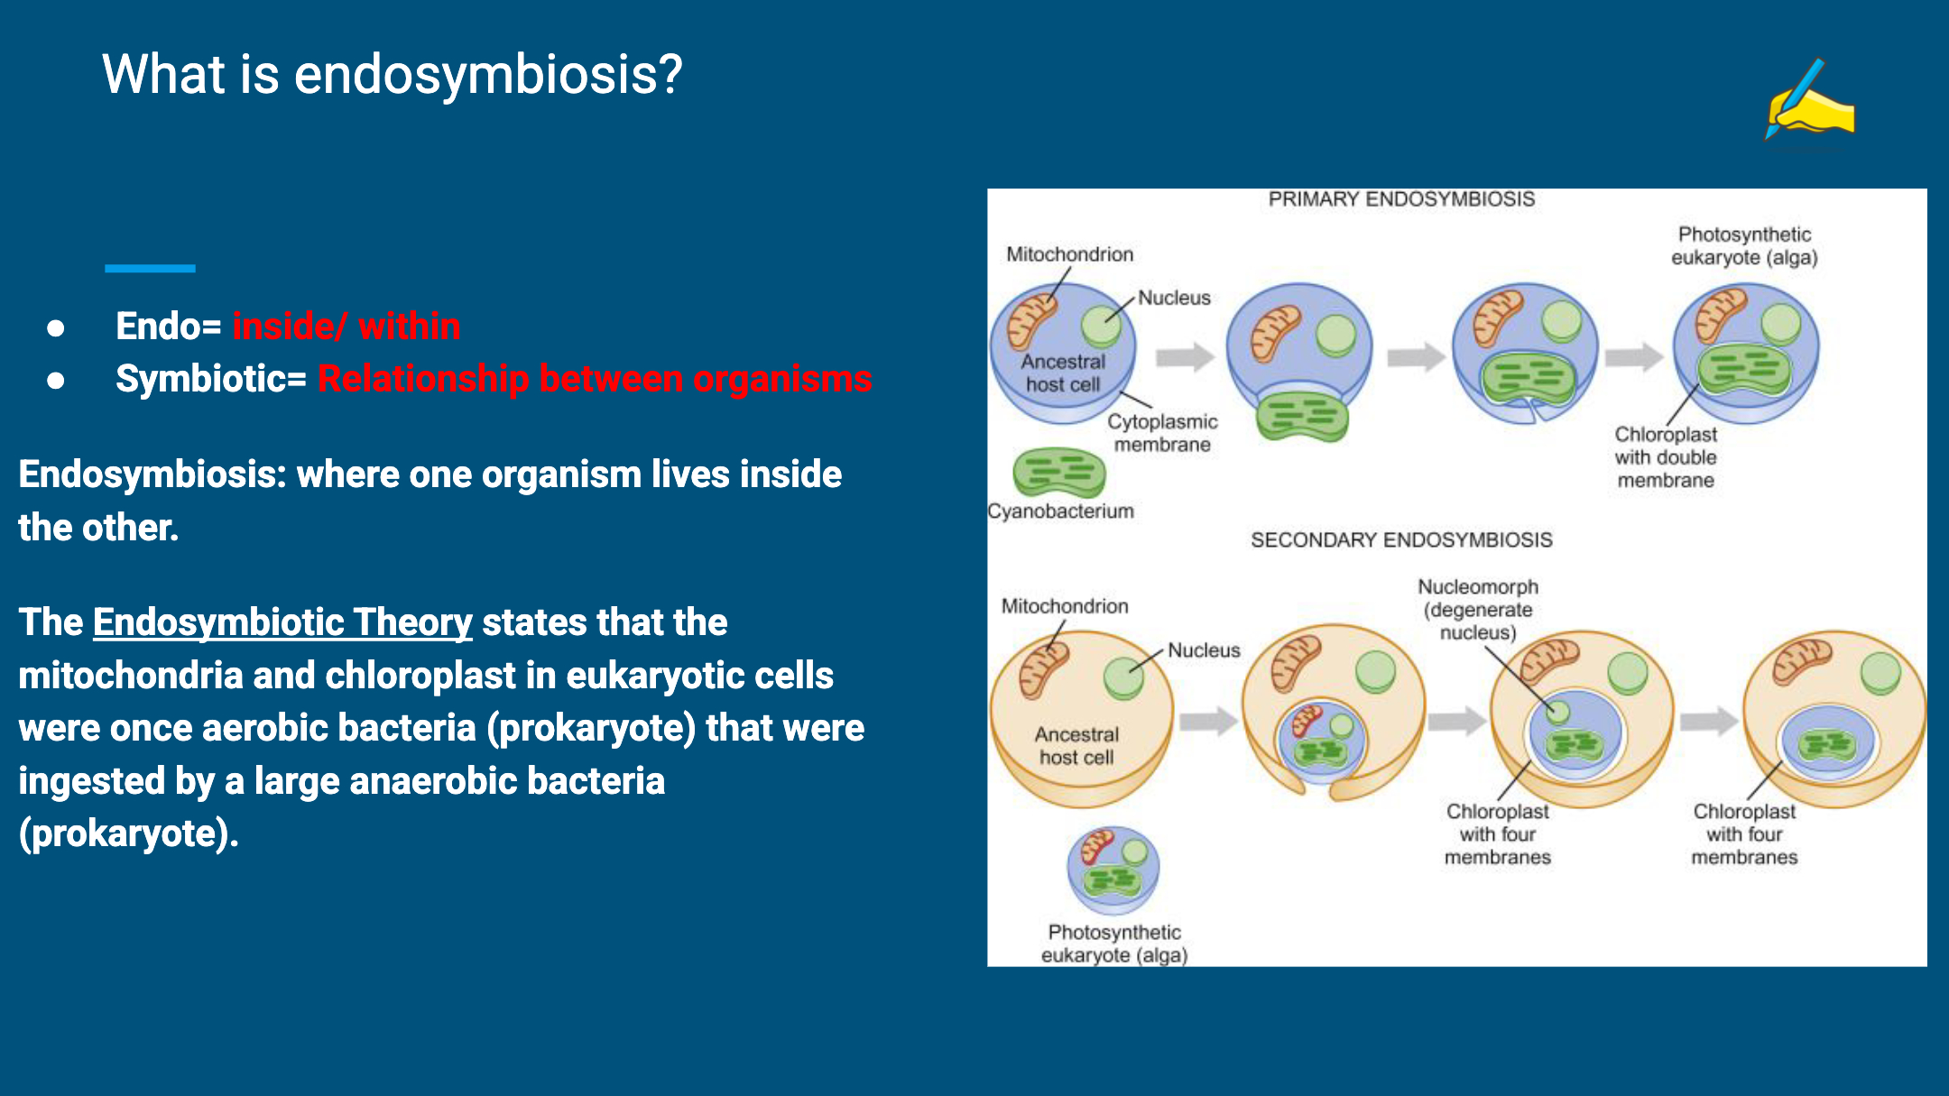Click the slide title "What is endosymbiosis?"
(392, 74)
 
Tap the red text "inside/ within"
(346, 326)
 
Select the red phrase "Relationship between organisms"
(594, 379)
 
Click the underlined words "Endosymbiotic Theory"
(282, 622)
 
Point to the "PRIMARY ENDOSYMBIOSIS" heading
(1401, 199)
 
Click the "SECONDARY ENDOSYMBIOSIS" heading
(1401, 540)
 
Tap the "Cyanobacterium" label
(1061, 511)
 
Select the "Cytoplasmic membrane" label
(1162, 433)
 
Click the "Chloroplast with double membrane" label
(1666, 457)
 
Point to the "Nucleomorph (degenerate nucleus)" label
(1478, 610)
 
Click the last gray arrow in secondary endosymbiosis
(1708, 721)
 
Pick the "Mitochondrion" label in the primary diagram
(1070, 255)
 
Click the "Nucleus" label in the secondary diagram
(1204, 650)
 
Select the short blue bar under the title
(150, 268)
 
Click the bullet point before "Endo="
(56, 327)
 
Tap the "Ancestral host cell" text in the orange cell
(1076, 746)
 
